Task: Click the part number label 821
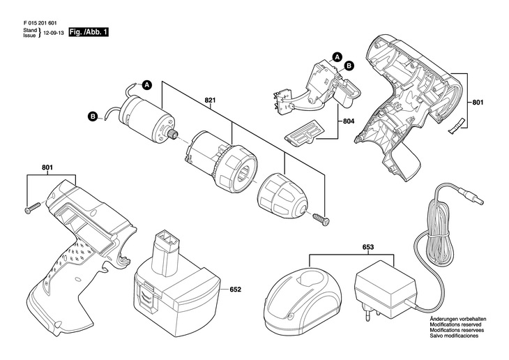tap(210, 100)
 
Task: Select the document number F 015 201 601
tap(43, 22)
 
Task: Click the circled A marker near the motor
tap(147, 85)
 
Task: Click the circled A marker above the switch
tap(336, 57)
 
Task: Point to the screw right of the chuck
tap(321, 218)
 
